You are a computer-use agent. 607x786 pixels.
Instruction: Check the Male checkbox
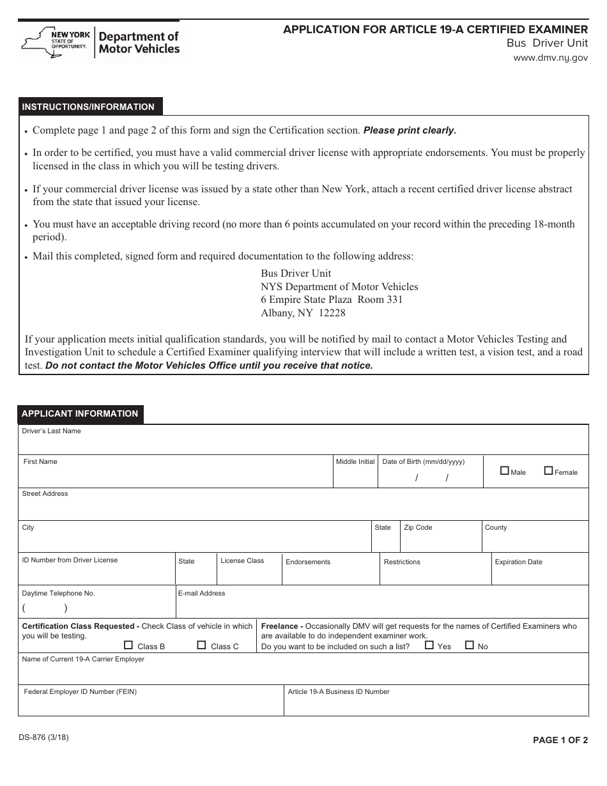505,471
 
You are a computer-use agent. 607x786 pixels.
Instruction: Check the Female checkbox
548,471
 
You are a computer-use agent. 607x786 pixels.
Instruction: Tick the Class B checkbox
129,645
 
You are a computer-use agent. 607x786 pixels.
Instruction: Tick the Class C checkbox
202,645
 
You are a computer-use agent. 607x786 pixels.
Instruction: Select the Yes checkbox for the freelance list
429,645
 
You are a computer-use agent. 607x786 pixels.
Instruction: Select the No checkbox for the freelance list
470,645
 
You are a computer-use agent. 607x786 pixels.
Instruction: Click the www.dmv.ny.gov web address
550,58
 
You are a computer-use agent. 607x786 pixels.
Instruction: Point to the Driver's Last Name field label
51,431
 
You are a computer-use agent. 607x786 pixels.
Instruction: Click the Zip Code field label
418,528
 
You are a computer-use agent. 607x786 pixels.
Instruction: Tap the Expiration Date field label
518,562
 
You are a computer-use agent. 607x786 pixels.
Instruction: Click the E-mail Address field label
201,594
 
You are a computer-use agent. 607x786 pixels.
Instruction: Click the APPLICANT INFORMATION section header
80,414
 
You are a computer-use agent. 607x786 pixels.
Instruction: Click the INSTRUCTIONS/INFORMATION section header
88,107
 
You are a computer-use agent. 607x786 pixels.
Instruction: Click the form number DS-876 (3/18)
44,737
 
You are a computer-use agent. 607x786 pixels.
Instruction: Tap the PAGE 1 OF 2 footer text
560,741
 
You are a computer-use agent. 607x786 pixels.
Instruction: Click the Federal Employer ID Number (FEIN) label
80,692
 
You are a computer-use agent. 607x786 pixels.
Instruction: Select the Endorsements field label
308,562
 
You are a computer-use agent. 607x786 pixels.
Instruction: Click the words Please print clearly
410,130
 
